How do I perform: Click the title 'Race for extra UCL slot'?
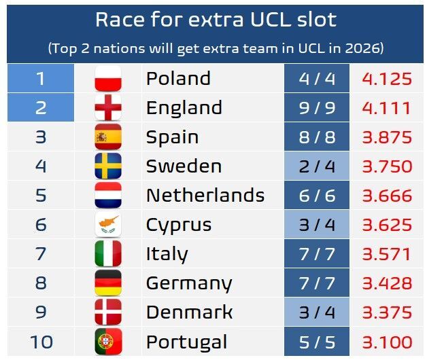coord(216,20)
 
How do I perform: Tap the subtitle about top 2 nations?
coord(216,48)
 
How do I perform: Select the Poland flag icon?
coord(107,79)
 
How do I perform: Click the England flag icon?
coord(107,108)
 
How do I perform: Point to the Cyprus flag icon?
coord(107,225)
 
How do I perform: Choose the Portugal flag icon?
coord(107,342)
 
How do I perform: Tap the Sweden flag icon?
coord(107,166)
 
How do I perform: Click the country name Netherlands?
coord(205,196)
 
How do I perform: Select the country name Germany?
coord(189,283)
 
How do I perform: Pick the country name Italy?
coord(167,254)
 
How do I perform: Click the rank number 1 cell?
coord(40,79)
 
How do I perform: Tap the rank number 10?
coord(40,342)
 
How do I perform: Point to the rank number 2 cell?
coord(40,108)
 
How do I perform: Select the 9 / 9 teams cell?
coord(317,108)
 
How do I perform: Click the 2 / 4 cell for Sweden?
coord(317,166)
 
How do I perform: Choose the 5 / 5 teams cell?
coord(317,342)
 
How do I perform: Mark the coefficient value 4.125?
coord(387,79)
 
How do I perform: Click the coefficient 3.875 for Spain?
coord(387,137)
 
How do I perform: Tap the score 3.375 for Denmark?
coord(387,312)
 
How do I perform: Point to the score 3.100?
coord(387,342)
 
